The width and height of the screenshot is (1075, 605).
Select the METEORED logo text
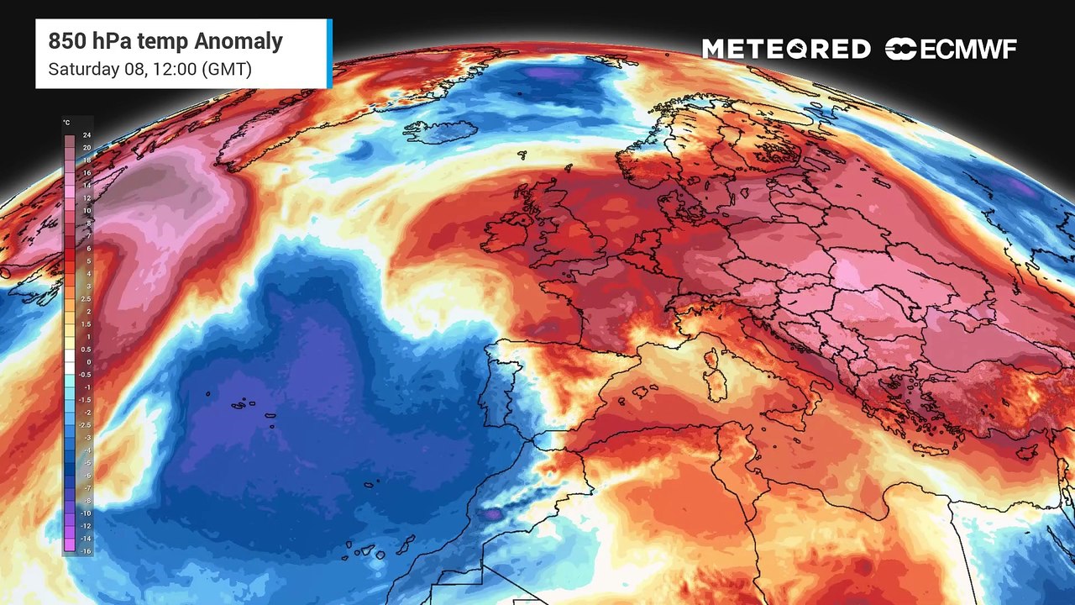(x=786, y=50)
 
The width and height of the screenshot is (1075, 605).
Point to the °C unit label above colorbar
(x=66, y=123)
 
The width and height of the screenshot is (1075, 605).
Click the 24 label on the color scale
(x=87, y=134)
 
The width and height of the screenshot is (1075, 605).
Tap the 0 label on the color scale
(x=87, y=362)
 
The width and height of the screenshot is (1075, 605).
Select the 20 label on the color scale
(x=87, y=148)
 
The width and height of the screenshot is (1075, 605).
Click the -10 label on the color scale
(x=86, y=513)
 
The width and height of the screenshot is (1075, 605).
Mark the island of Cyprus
(x=1025, y=451)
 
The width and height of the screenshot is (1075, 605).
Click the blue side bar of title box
(x=329, y=54)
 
